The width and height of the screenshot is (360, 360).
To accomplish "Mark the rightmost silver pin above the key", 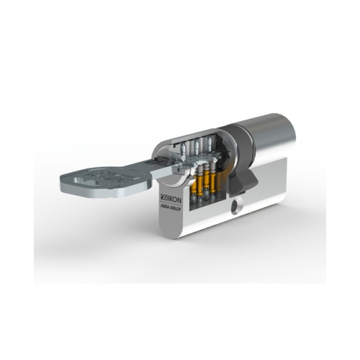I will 207,144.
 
